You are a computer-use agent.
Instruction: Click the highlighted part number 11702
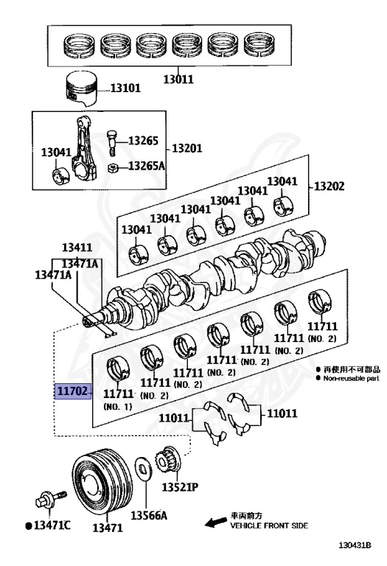72,391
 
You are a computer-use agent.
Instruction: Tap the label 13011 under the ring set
178,79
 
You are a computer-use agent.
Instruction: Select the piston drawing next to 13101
82,89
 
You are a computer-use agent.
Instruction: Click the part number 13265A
146,166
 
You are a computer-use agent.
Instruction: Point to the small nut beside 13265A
112,168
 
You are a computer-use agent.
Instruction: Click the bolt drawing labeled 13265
112,144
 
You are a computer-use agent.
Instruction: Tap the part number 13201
187,148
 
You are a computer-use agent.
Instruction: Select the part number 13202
330,186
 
